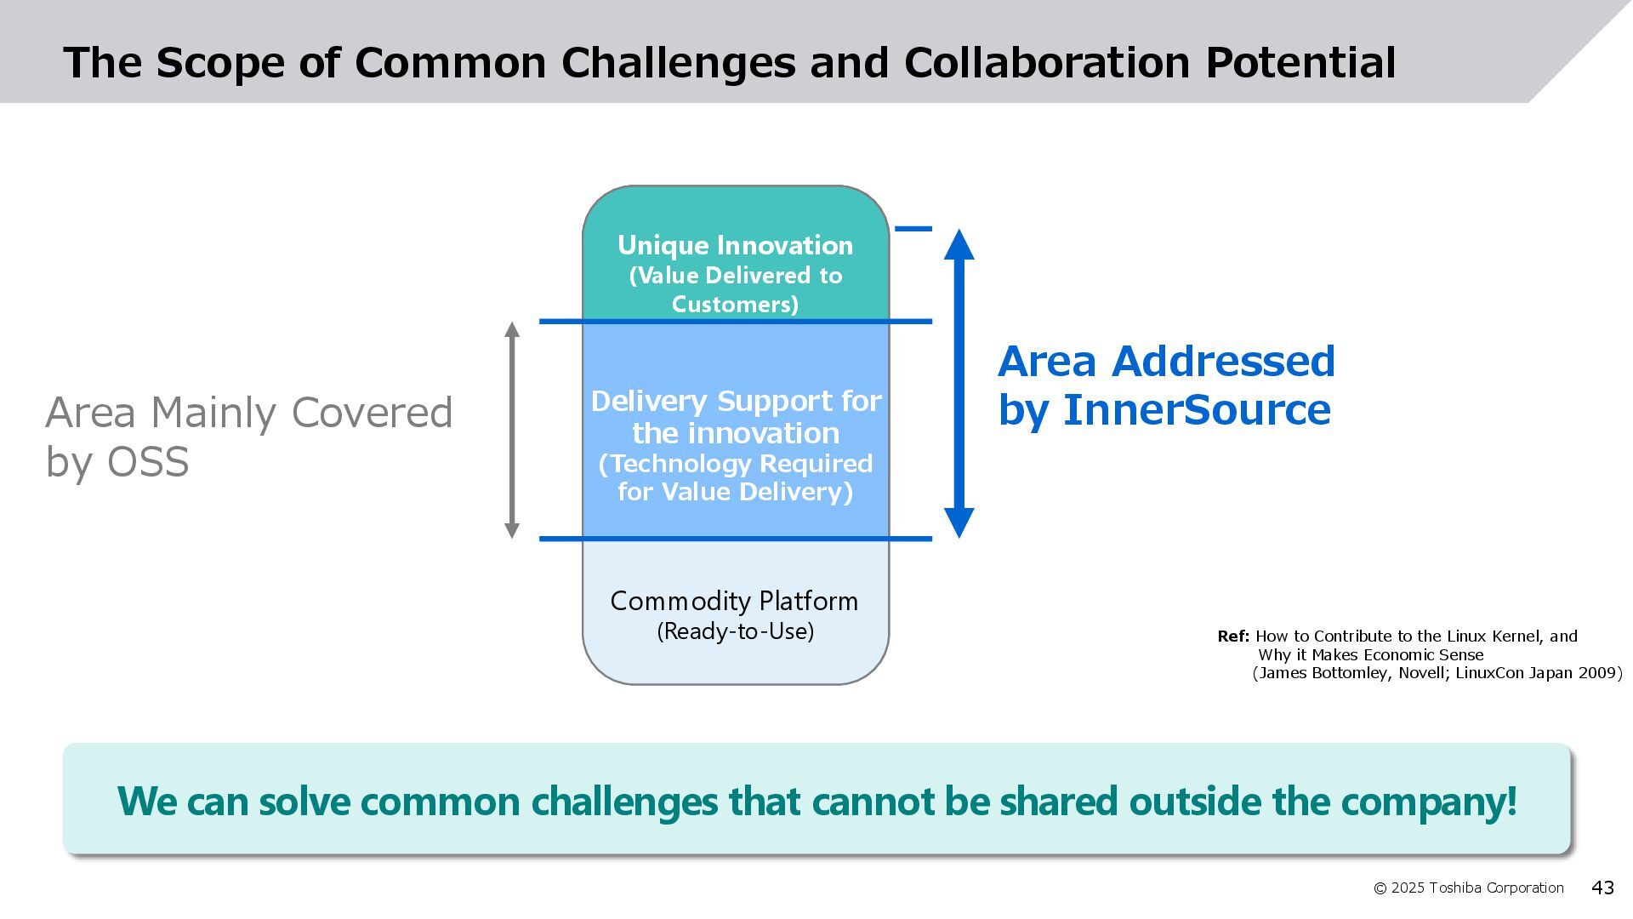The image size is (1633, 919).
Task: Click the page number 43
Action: point(1602,888)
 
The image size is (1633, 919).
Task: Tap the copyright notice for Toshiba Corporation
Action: point(1469,888)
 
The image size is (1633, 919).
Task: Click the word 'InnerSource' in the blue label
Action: point(1197,410)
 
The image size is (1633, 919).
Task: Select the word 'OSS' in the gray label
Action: point(148,462)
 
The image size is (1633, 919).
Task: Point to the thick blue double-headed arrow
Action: point(959,383)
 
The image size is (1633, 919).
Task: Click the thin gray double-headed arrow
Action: point(512,430)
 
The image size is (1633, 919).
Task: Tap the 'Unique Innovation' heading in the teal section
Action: point(735,245)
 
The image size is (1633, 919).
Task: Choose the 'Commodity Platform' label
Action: point(734,601)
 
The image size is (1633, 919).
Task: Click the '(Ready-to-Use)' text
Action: point(735,631)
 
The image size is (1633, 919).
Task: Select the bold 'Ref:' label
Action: point(1233,636)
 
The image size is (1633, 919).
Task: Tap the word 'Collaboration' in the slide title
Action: point(1046,63)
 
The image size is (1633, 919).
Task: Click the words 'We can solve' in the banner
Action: point(233,801)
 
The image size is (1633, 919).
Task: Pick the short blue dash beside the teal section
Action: point(913,229)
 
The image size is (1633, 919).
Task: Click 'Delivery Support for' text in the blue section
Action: point(736,401)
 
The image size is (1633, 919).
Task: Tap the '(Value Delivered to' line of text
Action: point(736,276)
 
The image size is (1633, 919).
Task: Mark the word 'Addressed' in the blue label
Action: point(1223,362)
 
